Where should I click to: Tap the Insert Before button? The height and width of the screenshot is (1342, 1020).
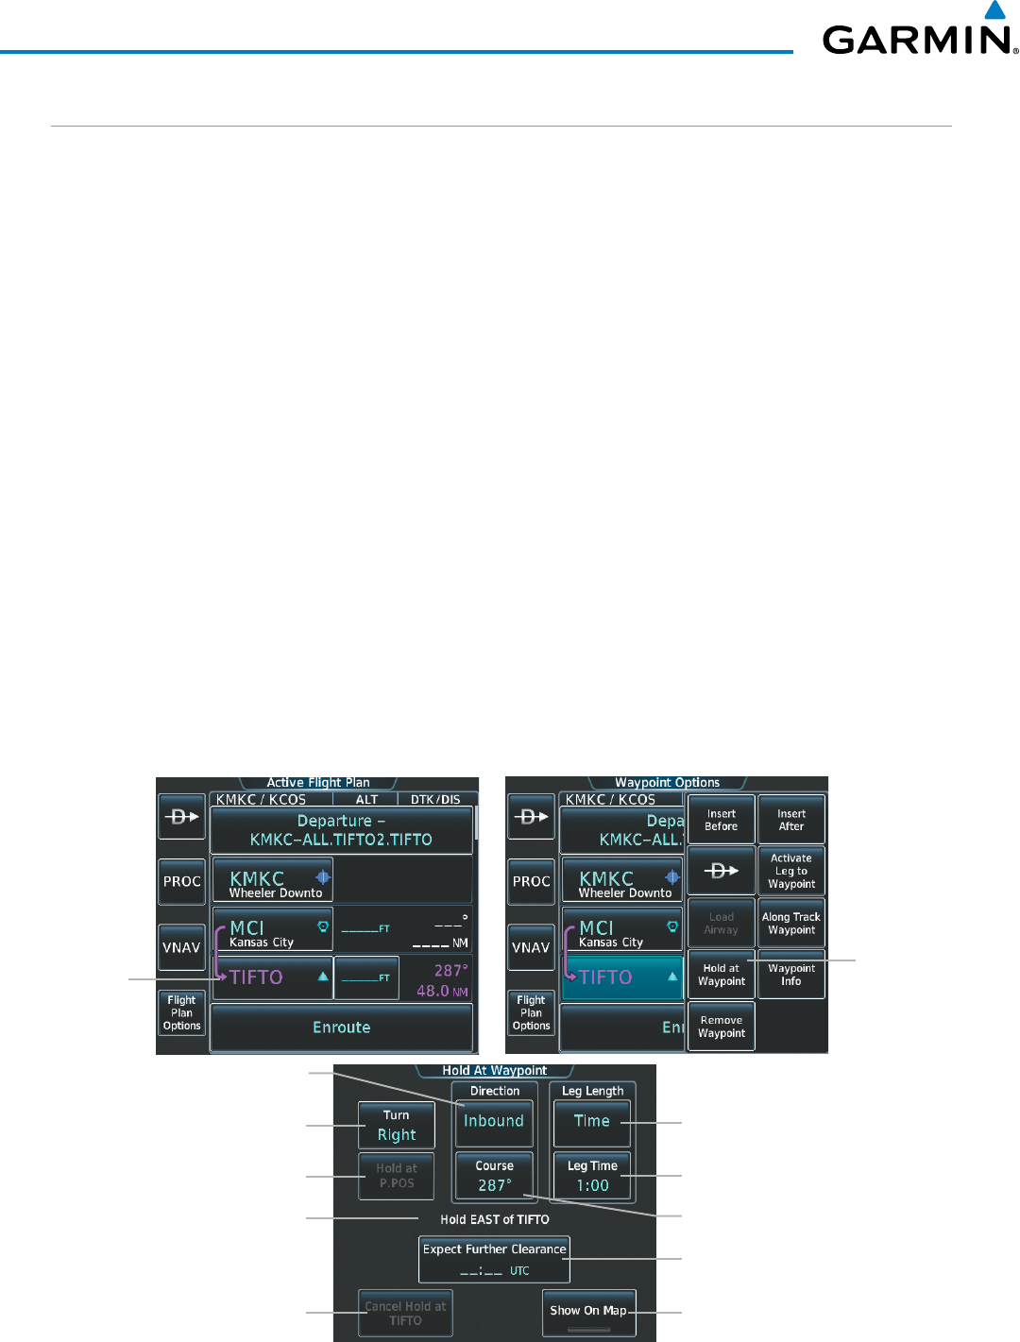coord(721,820)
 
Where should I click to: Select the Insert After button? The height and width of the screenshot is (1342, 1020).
coord(791,820)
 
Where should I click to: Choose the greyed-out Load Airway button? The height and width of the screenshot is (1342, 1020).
coord(721,924)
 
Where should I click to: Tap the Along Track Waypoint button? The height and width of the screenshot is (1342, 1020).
coord(791,924)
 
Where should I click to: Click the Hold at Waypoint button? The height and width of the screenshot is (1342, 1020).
coord(721,975)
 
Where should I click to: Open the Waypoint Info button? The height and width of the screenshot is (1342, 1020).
coord(791,975)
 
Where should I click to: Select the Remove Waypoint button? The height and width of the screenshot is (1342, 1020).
coord(721,1027)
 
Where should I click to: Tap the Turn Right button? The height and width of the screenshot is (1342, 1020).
coord(397,1126)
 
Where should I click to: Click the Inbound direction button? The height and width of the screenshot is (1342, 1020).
coord(494,1122)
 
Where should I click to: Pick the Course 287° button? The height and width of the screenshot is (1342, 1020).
coord(494,1176)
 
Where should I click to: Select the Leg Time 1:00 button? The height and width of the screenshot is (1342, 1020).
coord(592,1176)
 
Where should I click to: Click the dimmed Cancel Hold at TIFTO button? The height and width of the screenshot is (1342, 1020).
coord(405,1314)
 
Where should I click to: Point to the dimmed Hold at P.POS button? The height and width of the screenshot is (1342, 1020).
coord(397,1176)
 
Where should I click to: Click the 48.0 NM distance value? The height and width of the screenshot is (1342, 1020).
coord(441,992)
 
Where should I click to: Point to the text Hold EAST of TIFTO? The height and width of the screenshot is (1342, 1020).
coord(494,1219)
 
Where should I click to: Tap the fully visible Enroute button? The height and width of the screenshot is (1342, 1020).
coord(341,1028)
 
